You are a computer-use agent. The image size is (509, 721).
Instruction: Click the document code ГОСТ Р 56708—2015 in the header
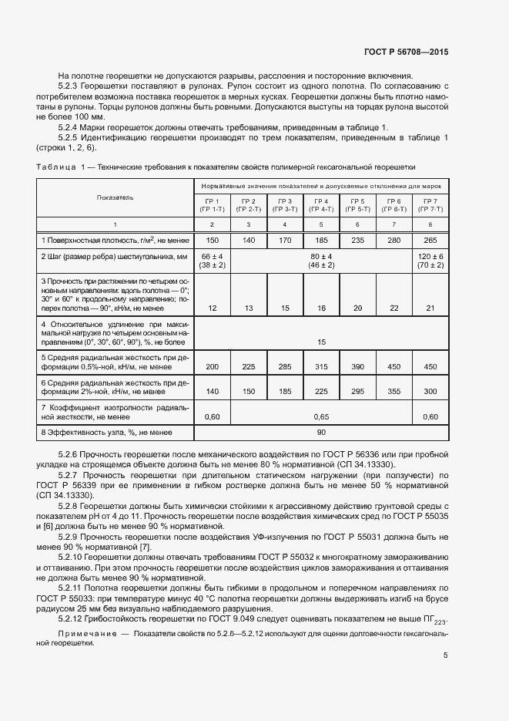(406, 52)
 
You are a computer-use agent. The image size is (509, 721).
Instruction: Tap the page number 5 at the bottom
(446, 655)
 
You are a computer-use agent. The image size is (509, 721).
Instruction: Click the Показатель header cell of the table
(115, 197)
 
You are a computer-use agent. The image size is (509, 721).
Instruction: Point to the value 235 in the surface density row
(357, 241)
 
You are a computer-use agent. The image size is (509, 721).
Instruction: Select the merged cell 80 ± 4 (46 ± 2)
(321, 260)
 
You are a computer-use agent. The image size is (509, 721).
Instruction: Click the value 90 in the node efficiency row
(321, 433)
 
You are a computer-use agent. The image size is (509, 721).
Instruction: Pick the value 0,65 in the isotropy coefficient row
(321, 416)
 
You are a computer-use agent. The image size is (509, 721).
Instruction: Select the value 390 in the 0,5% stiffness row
(357, 367)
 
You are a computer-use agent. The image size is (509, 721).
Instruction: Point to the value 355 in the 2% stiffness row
(394, 392)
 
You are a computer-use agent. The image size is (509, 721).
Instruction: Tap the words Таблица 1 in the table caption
(62, 167)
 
